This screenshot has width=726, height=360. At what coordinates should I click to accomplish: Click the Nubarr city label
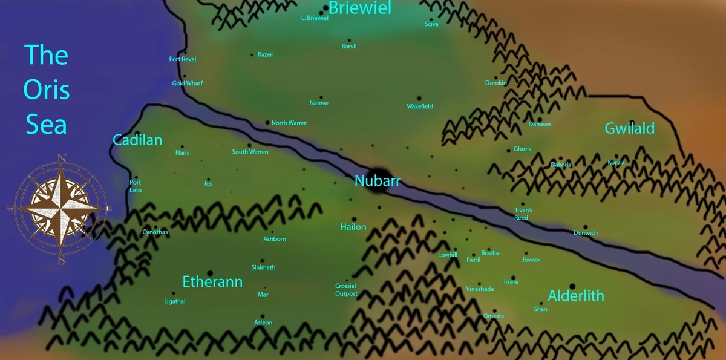[x=378, y=181]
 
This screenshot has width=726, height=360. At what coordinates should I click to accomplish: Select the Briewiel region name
[x=359, y=8]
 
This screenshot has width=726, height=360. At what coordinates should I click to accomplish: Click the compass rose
[x=61, y=209]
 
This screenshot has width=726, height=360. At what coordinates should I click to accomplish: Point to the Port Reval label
[x=183, y=59]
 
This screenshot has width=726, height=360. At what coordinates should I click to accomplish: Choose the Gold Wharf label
[x=188, y=83]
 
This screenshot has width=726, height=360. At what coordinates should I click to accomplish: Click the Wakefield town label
[x=420, y=106]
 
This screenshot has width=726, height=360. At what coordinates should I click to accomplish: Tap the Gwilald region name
[x=630, y=128]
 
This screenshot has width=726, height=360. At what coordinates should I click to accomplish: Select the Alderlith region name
[x=576, y=296]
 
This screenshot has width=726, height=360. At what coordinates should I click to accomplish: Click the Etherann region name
[x=212, y=282]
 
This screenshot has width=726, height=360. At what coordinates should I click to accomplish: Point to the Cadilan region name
[x=137, y=140]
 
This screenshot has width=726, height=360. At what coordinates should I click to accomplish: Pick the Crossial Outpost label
[x=346, y=290]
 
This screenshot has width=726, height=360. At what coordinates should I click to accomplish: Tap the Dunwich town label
[x=586, y=233]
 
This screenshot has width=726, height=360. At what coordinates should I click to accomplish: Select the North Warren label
[x=289, y=123]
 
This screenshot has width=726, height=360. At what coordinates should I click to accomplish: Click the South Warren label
[x=250, y=152]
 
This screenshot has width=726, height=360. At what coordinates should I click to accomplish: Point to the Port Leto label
[x=136, y=186]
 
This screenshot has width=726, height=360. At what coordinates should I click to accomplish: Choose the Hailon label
[x=353, y=227]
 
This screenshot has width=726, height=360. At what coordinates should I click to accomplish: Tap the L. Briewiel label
[x=315, y=18]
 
